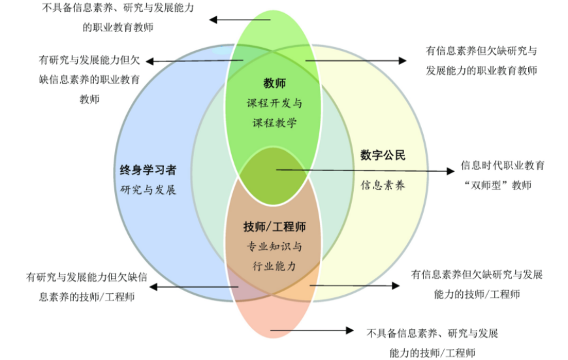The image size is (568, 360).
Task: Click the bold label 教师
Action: click(x=274, y=84)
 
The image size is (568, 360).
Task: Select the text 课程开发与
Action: click(x=274, y=103)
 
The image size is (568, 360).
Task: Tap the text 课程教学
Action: click(x=274, y=122)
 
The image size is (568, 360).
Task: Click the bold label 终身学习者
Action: click(x=149, y=171)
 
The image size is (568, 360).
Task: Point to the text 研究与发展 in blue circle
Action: click(x=149, y=190)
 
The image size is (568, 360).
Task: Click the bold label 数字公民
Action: click(x=383, y=155)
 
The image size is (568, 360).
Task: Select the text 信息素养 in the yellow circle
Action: click(x=383, y=185)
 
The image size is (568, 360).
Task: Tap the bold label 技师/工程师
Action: click(x=274, y=227)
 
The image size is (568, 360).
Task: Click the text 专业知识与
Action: click(x=274, y=247)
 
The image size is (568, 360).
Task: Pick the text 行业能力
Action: click(x=274, y=266)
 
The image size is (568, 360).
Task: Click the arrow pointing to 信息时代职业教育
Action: click(x=365, y=171)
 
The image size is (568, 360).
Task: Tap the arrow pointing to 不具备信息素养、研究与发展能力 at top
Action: click(x=239, y=20)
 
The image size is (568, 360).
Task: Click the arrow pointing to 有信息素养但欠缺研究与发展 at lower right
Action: click(x=353, y=286)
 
